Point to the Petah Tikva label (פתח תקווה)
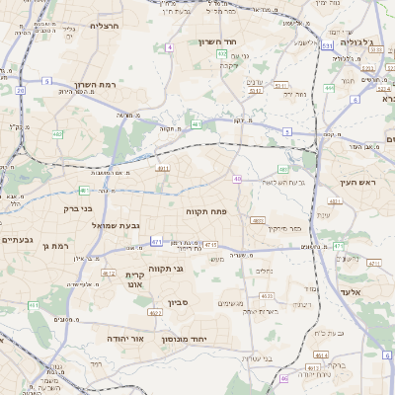point(205,211)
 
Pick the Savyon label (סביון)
point(178,303)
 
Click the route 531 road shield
point(326,45)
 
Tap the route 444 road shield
point(329,88)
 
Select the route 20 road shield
point(20,90)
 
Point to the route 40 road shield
point(238,179)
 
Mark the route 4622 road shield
point(156,313)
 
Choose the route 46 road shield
point(283,378)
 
